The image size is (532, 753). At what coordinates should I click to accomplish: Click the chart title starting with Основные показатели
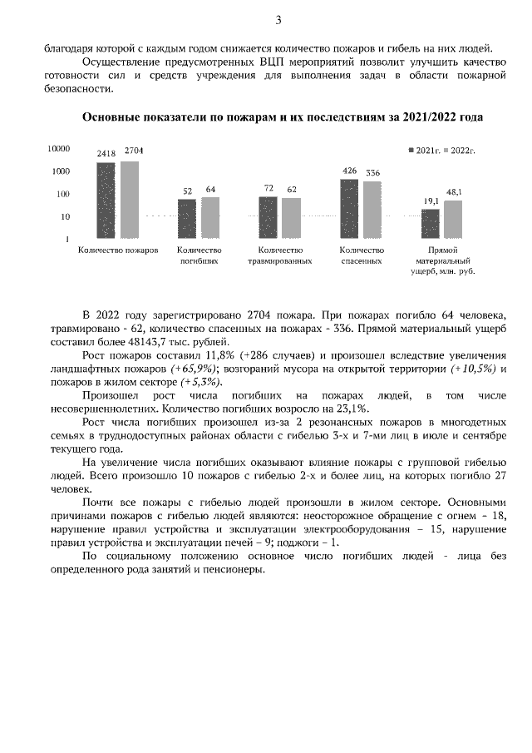tap(282, 118)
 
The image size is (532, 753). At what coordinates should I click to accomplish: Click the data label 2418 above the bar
tap(106, 154)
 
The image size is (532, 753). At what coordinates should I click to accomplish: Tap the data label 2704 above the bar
tap(133, 151)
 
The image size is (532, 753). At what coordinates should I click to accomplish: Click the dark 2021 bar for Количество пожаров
tap(106, 200)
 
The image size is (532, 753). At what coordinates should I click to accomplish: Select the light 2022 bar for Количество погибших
tap(210, 218)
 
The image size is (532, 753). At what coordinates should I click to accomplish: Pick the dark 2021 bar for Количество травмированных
tap(268, 218)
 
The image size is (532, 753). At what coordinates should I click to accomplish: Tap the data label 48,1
tap(454, 192)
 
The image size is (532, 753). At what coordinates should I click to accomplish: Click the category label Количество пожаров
tap(117, 250)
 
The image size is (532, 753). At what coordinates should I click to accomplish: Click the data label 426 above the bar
tap(349, 171)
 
